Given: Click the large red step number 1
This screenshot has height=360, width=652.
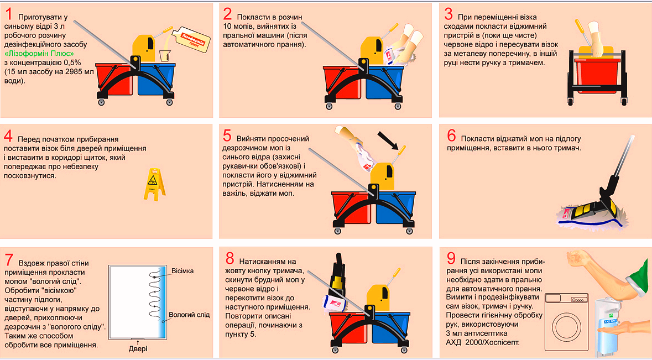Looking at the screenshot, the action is [x=9, y=14].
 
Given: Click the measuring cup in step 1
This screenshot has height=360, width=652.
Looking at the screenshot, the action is [x=165, y=56].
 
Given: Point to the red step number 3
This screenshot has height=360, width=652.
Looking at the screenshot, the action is [x=448, y=14].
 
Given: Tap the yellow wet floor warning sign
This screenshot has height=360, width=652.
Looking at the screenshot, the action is [x=154, y=184].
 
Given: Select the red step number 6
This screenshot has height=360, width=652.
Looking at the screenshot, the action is [x=452, y=135].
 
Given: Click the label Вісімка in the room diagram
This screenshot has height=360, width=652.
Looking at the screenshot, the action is [x=182, y=271].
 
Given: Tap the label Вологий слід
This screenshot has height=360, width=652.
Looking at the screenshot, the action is [x=189, y=315].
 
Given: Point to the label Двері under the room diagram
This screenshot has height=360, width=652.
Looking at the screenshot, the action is [x=138, y=349].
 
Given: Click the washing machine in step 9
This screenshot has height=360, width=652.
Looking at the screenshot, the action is [x=567, y=321].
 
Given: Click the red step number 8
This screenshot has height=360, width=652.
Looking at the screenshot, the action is [x=230, y=259].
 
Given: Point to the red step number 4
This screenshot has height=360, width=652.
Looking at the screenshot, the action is [x=8, y=136].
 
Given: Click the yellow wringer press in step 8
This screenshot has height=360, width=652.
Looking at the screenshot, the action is [x=378, y=298].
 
